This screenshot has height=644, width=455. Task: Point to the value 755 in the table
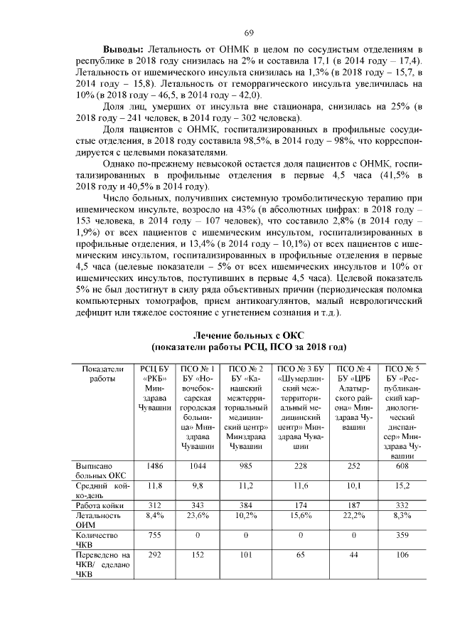154,534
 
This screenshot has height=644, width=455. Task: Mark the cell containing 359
402,534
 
